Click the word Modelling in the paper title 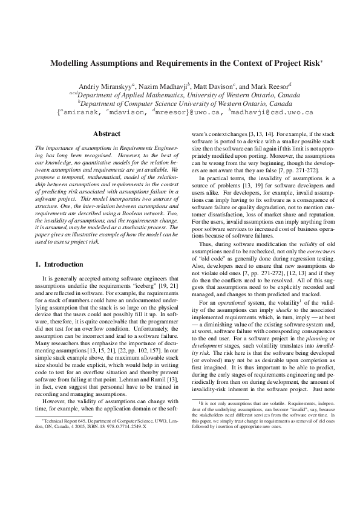coord(68,62)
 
